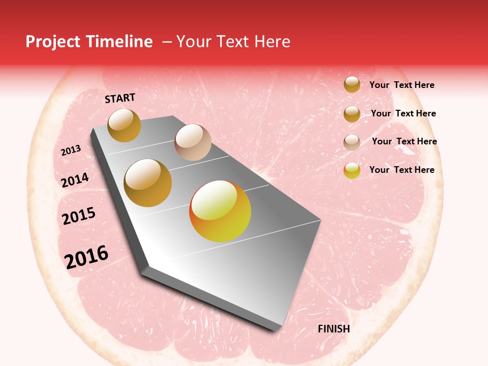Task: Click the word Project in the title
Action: (53, 42)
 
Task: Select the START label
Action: (120, 98)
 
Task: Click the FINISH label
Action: (333, 329)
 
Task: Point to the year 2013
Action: (71, 150)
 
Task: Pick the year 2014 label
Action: (75, 180)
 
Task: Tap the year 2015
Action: (79, 217)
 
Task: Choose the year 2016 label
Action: (86, 257)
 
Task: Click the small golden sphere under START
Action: (125, 125)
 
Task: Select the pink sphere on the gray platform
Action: (193, 142)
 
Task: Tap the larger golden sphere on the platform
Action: (148, 183)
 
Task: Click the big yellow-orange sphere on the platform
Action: (220, 211)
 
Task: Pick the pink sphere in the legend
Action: (352, 142)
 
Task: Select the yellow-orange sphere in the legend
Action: (352, 170)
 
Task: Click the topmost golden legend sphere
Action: (352, 84)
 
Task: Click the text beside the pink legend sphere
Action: (404, 141)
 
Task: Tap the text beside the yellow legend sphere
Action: (402, 170)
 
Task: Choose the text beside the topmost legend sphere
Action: (402, 85)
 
